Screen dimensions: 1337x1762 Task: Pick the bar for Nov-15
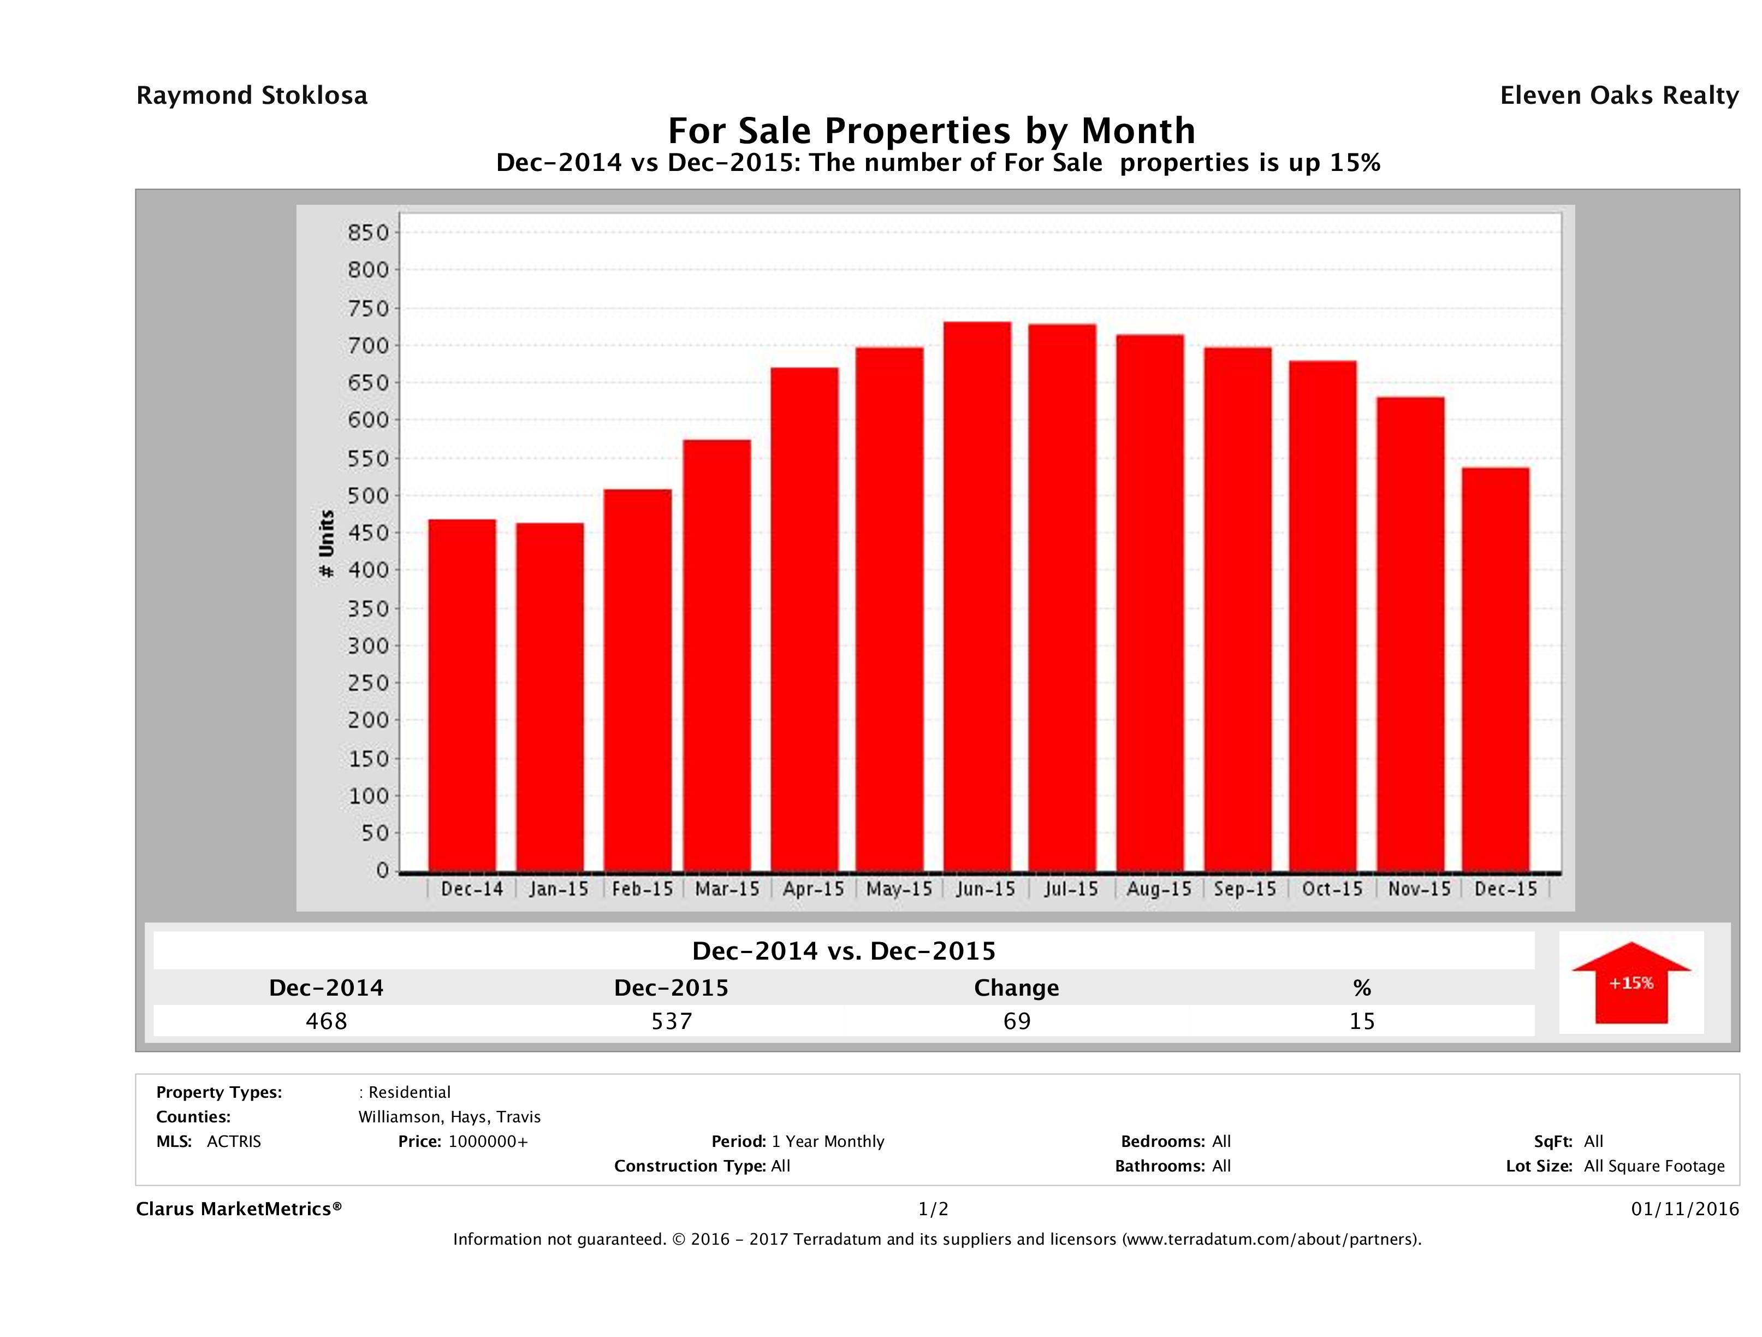coord(1410,634)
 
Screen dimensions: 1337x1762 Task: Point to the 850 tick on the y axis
coord(370,233)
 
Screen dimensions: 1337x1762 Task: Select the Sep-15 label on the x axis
coord(1245,889)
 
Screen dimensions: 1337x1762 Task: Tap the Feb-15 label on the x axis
coord(642,889)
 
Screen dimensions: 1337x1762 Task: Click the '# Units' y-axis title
coord(327,544)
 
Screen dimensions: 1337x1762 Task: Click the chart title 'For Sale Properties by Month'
coord(931,130)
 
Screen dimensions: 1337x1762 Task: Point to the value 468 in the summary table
coord(327,1021)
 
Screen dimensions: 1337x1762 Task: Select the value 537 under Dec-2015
coord(672,1021)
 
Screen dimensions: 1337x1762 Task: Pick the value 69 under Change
coord(1017,1021)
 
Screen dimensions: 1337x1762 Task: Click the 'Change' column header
coord(1017,988)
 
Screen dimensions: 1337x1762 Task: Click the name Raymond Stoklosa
coord(252,96)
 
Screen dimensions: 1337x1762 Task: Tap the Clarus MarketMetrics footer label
coord(239,1210)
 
